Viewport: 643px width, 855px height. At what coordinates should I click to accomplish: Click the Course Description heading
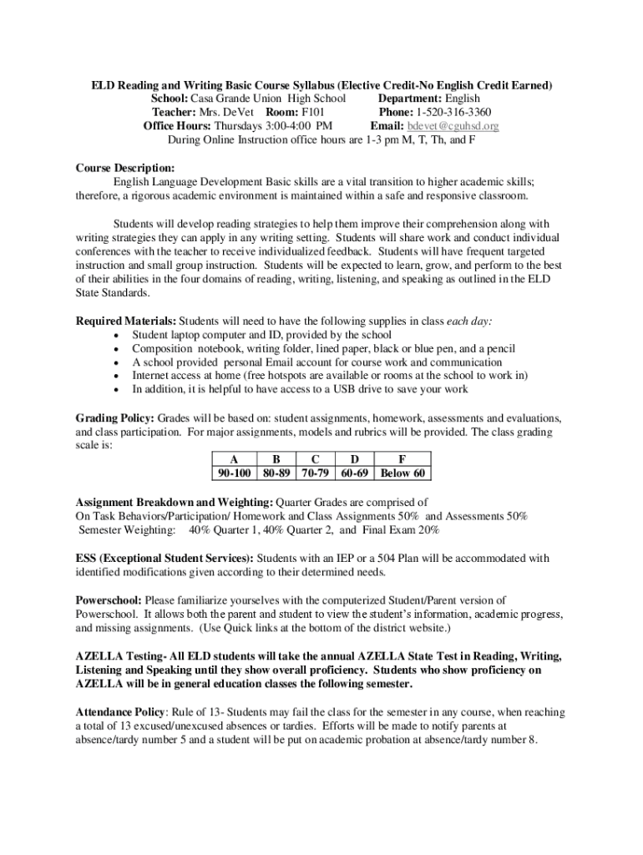(x=114, y=168)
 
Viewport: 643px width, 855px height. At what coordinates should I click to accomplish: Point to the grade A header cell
(x=234, y=458)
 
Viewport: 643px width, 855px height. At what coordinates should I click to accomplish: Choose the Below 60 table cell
(x=403, y=473)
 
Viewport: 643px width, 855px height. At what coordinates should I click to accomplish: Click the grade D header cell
(x=356, y=458)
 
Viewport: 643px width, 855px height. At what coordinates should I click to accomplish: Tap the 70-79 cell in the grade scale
(x=315, y=473)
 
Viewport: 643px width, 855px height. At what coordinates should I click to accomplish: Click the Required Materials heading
(x=126, y=321)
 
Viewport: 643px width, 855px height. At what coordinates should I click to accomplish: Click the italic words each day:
(x=469, y=321)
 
